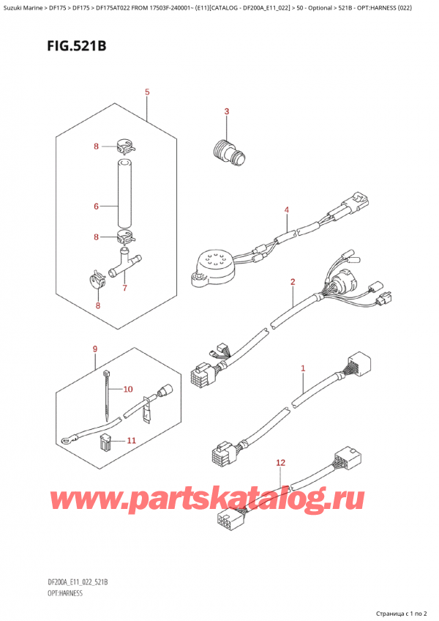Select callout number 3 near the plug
[226, 111]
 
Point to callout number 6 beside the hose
[96, 207]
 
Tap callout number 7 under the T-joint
[125, 288]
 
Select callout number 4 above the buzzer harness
[287, 210]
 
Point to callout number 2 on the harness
[293, 281]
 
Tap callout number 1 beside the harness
[303, 368]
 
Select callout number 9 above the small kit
[94, 349]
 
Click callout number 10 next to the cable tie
[129, 388]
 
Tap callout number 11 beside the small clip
[132, 440]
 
